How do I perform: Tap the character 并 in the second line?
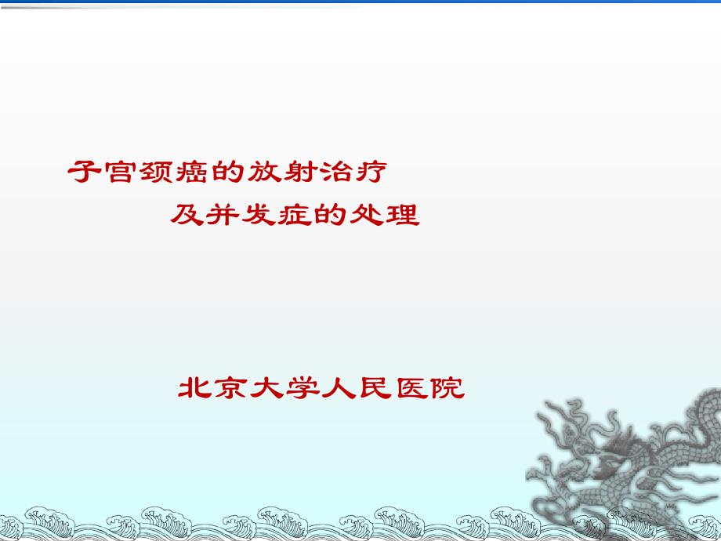click(x=223, y=214)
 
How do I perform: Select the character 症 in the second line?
click(x=295, y=214)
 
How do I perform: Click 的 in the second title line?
click(x=331, y=214)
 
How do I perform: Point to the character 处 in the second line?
click(x=367, y=214)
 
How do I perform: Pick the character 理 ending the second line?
click(x=403, y=214)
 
